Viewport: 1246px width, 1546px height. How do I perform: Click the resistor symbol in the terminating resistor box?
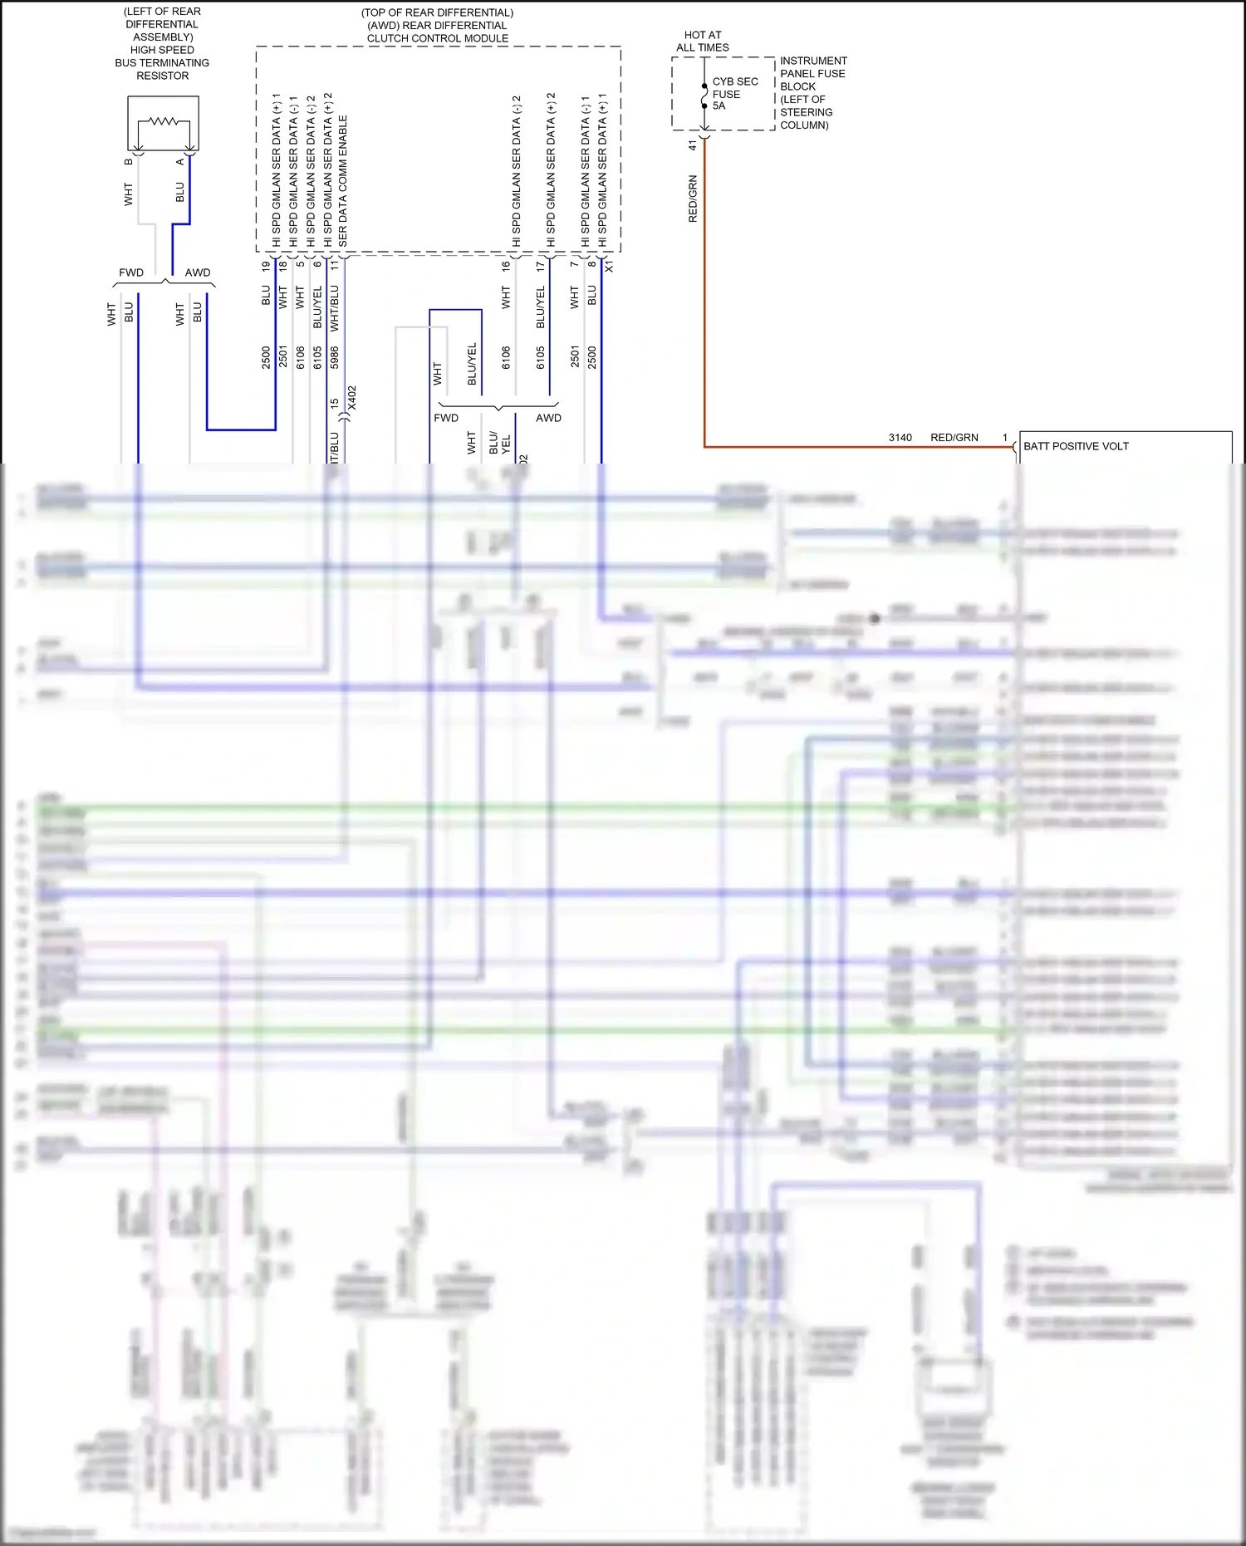coord(163,122)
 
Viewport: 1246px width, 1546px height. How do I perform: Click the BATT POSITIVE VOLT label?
coord(1076,446)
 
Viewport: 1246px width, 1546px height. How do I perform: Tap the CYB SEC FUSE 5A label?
coord(734,94)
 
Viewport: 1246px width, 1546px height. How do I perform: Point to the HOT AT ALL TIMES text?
coord(703,42)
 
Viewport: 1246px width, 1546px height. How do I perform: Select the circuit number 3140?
coord(900,438)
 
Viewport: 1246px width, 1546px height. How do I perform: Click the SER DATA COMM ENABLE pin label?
coord(343,180)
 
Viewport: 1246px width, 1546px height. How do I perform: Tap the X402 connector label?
coord(351,397)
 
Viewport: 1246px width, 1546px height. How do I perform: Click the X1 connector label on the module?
coord(609,267)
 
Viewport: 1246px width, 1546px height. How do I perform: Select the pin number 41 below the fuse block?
coord(693,145)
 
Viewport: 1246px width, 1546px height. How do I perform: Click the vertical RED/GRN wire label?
coord(693,199)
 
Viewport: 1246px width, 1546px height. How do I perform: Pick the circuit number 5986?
coord(335,358)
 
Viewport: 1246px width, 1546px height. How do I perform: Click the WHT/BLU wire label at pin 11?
coord(335,308)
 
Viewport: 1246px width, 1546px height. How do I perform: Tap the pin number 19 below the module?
coord(266,267)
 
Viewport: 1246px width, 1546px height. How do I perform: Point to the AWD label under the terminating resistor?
coord(198,272)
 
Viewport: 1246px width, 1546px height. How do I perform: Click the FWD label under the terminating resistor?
coord(131,272)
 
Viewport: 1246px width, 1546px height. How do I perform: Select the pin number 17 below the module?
coord(541,267)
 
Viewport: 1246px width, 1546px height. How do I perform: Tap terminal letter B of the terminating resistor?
coord(129,162)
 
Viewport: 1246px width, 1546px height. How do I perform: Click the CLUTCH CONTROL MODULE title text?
coord(437,38)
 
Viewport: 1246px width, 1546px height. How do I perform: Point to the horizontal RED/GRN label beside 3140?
coord(954,438)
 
